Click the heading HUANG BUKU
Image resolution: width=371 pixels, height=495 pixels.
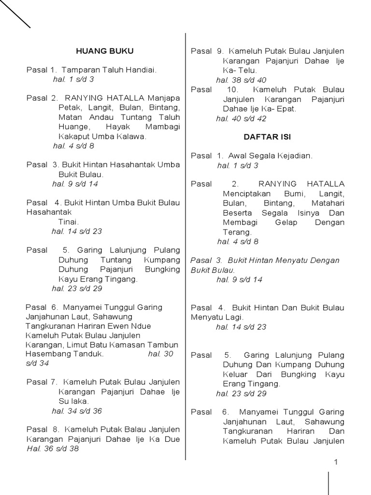(x=104, y=51)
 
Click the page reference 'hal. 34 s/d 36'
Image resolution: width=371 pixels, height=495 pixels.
(x=77, y=411)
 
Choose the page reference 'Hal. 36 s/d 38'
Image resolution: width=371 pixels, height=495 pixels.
(x=53, y=449)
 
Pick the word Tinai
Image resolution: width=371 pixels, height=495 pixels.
(x=68, y=221)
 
